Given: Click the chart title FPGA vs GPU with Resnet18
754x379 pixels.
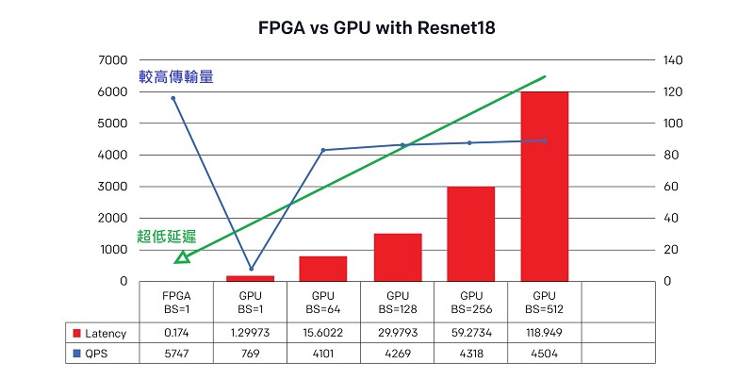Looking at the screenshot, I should click(x=377, y=28).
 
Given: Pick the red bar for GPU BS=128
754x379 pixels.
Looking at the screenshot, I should click(x=398, y=257).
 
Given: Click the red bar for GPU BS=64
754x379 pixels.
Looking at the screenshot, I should click(x=323, y=269).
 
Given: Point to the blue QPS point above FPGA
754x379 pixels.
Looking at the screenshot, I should click(x=173, y=98).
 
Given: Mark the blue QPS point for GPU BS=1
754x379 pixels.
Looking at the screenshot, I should click(x=251, y=269).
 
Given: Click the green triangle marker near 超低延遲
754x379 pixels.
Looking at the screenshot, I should click(x=182, y=256).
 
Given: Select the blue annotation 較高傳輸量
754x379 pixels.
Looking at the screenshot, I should click(x=175, y=76).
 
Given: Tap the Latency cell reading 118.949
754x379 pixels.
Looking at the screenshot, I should click(x=545, y=334).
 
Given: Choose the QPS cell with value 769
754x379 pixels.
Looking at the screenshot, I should click(x=250, y=354).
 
